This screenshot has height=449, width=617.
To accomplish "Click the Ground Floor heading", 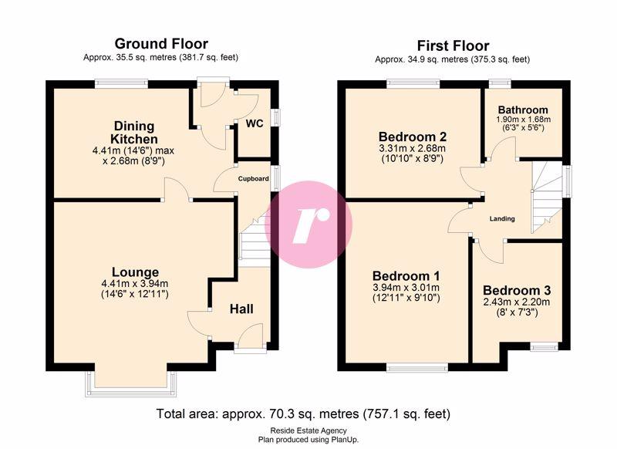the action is tap(161, 43).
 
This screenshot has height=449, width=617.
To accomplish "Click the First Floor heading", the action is tap(453, 46).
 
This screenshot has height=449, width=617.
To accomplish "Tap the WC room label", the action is tap(255, 123).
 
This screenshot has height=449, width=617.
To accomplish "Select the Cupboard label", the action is tap(254, 179).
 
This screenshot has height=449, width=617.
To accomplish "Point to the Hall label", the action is tap(241, 309).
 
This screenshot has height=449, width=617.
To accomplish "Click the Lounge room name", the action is tap(136, 272).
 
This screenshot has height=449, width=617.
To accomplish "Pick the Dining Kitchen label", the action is tap(133, 133).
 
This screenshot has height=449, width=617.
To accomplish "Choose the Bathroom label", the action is tap(523, 110).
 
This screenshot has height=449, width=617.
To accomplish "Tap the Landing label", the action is tap(502, 219).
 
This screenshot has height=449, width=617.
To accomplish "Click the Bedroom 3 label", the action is tap(517, 290).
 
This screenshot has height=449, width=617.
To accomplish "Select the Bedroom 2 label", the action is tap(413, 137).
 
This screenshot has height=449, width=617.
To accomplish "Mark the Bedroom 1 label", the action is tap(406, 275).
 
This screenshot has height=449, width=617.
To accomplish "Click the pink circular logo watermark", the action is tap(308, 224).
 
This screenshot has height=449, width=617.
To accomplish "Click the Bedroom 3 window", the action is tap(544, 347).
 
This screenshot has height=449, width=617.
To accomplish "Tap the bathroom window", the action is tap(500, 83).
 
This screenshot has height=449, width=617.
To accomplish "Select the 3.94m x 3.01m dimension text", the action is tap(406, 288).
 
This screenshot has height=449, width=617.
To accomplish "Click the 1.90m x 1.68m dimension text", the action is tap(524, 120).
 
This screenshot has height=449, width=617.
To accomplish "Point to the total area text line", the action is tap(303, 414).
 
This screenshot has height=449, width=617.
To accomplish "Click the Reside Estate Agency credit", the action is tap(308, 431).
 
